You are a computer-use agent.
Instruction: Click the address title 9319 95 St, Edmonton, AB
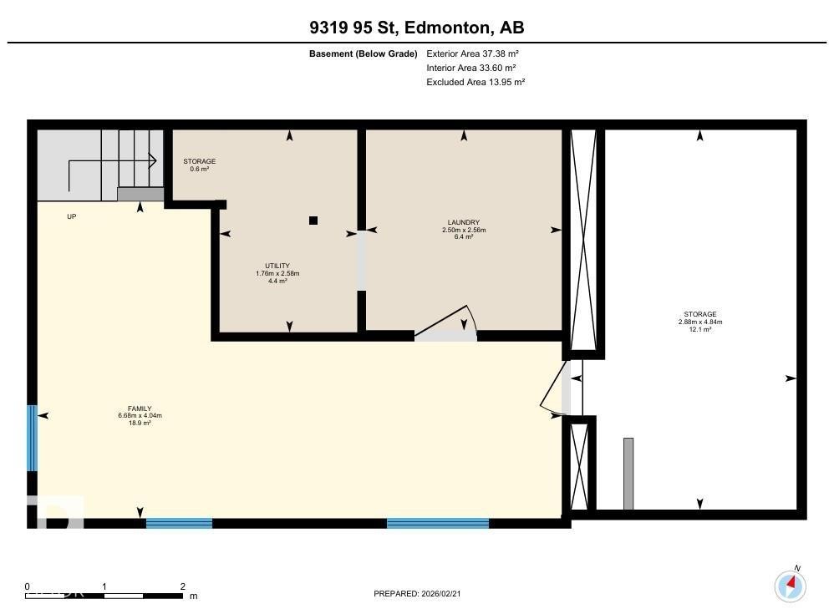click(x=416, y=28)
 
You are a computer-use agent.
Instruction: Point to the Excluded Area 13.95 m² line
click(x=475, y=82)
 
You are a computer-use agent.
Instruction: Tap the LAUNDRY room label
click(x=463, y=229)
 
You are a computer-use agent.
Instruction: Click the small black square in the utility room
click(x=313, y=221)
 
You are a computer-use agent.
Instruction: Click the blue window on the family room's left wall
click(x=32, y=438)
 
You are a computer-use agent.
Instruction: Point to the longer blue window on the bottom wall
click(x=437, y=524)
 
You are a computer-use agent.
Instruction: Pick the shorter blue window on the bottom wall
click(x=179, y=524)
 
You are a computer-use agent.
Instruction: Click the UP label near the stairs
click(x=72, y=216)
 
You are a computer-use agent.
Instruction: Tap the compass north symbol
click(x=790, y=585)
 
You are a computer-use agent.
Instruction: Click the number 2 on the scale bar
click(x=182, y=586)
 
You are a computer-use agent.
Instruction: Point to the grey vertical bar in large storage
click(x=628, y=473)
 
